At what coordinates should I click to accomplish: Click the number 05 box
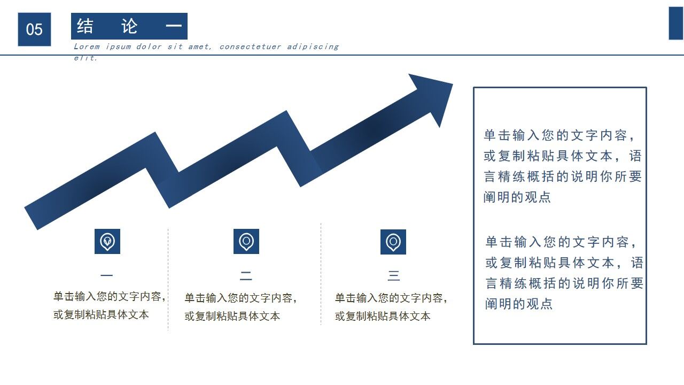[34, 29]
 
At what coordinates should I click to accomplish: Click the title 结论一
[129, 26]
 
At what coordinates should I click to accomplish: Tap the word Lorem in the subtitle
[86, 47]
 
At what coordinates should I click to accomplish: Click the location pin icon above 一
[107, 241]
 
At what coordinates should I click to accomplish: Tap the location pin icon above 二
[246, 241]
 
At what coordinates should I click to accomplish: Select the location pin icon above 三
[393, 242]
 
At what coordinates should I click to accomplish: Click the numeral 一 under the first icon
[107, 276]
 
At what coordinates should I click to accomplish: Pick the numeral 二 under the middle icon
[246, 276]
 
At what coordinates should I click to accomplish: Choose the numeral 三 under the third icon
[394, 276]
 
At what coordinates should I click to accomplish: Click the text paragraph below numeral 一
[110, 305]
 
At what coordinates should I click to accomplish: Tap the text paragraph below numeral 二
[240, 307]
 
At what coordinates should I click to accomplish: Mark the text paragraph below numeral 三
[391, 307]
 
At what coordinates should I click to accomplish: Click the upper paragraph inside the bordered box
[562, 166]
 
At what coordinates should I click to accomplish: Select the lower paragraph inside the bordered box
[564, 273]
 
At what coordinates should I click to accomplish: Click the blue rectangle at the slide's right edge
[676, 24]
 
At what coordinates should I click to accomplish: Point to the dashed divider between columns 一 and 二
[168, 278]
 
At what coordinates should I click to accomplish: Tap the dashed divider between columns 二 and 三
[321, 274]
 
